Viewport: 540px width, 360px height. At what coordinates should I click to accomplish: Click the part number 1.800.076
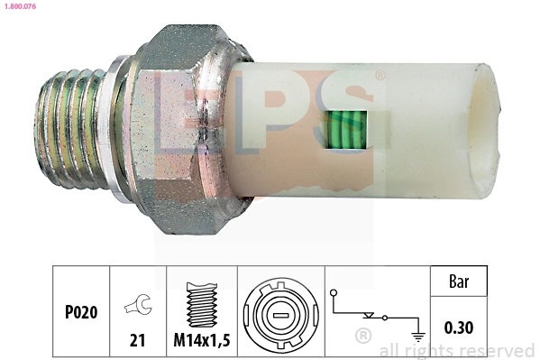[20, 8]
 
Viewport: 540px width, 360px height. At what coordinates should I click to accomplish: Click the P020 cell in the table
[80, 313]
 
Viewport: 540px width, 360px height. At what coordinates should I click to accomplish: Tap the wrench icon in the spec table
[138, 306]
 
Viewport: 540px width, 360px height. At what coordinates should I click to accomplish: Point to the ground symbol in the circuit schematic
[417, 337]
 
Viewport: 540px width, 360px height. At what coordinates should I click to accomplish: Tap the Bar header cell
[460, 281]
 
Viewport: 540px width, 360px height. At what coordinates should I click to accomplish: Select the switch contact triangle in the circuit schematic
[369, 316]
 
